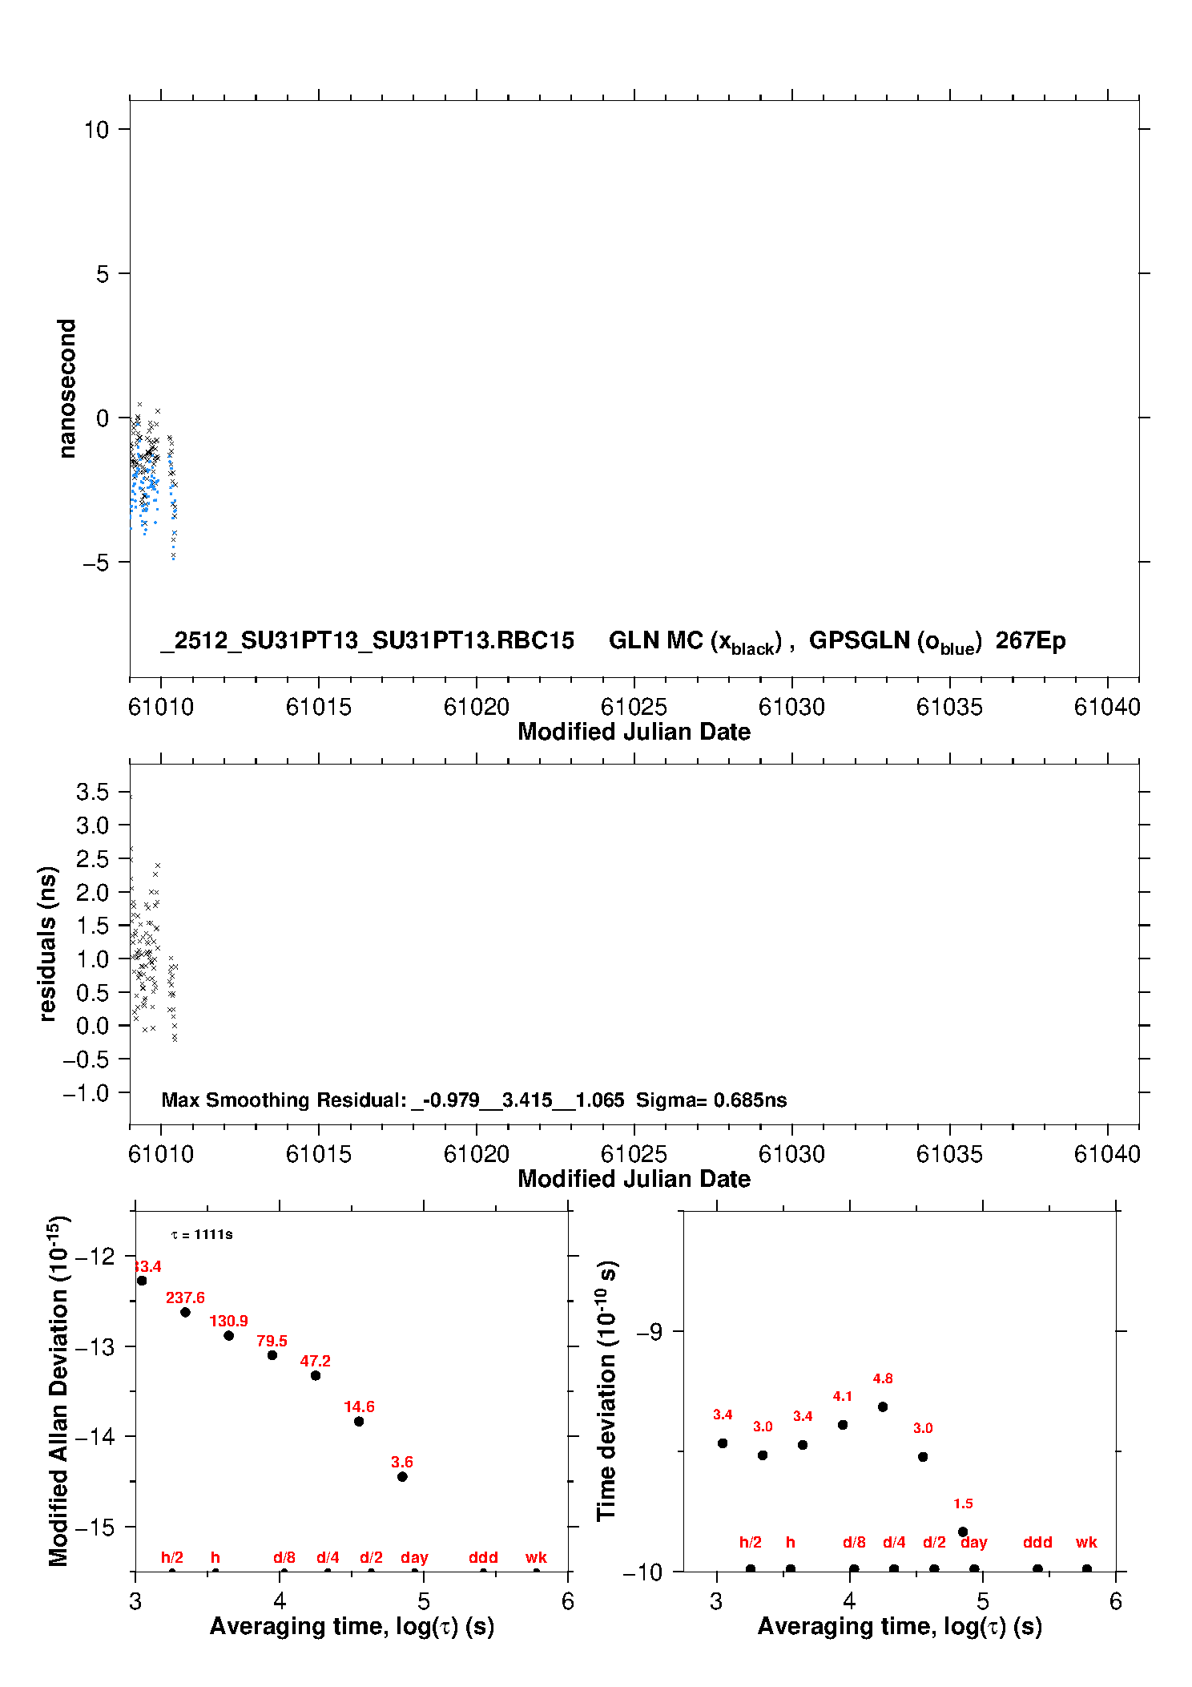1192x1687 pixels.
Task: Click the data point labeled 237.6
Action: coord(185,1312)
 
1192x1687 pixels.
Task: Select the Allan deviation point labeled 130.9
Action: coord(228,1335)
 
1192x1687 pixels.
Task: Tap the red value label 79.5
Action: coord(272,1341)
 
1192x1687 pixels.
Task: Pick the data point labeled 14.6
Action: coord(359,1421)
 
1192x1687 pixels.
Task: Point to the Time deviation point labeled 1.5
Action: coord(963,1532)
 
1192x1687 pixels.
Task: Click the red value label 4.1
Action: coord(843,1396)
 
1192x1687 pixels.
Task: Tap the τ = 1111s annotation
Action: coord(202,1234)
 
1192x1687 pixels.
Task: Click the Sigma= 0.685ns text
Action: coord(711,1100)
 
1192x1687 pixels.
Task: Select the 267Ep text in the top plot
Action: coord(1030,640)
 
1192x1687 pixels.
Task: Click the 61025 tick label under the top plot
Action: coord(634,707)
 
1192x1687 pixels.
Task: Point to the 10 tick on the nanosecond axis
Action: coord(97,129)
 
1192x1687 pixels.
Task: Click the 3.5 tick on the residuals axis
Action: coord(92,792)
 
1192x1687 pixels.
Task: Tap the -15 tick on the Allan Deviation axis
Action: coord(95,1526)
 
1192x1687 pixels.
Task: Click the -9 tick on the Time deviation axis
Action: coord(649,1331)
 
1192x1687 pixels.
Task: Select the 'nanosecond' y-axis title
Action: coord(66,388)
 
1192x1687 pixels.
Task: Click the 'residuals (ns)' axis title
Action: coord(47,943)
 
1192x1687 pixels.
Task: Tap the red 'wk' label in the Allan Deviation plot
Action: coord(536,1557)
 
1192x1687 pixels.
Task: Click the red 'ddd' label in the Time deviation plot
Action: coord(1037,1542)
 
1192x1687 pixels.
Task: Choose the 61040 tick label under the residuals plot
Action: coord(1107,1154)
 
